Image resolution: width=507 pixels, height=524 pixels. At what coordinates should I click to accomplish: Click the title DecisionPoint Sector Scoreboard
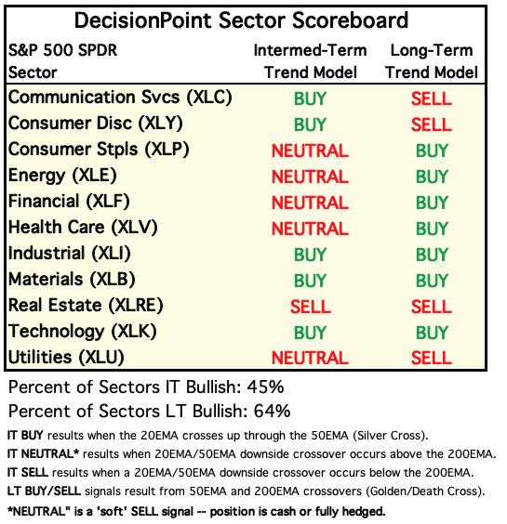[241, 20]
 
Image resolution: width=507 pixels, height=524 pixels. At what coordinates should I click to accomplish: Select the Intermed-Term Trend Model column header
[310, 61]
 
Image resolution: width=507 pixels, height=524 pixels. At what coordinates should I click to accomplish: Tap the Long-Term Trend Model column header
[432, 61]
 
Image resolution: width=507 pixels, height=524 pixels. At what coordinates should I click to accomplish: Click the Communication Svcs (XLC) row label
[120, 98]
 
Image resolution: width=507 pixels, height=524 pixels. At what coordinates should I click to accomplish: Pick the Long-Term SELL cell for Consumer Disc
[432, 124]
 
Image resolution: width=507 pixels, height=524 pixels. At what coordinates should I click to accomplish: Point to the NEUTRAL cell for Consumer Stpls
[310, 151]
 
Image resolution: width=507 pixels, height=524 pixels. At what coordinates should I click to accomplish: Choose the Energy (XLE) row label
[62, 176]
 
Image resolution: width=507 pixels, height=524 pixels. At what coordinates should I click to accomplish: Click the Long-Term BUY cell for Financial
[432, 203]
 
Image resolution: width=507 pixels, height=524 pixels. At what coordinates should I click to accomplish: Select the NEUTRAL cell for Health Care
[310, 229]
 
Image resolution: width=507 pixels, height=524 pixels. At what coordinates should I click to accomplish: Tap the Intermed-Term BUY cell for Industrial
[310, 255]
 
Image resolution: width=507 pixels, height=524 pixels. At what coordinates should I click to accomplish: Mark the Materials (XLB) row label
[72, 280]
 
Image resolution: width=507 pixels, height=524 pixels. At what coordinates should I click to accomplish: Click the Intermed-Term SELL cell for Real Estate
[311, 307]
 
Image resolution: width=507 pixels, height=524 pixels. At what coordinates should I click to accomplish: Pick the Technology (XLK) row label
[82, 332]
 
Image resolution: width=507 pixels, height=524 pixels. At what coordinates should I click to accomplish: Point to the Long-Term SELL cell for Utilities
[432, 358]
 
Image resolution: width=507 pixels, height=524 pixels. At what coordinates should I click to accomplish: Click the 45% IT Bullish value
[265, 387]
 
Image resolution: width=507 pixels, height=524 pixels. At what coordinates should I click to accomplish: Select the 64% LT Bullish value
[272, 411]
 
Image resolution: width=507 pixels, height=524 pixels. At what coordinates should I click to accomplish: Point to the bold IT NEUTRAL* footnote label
[43, 454]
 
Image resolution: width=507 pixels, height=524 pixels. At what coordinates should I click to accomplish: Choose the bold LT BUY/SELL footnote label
[44, 491]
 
